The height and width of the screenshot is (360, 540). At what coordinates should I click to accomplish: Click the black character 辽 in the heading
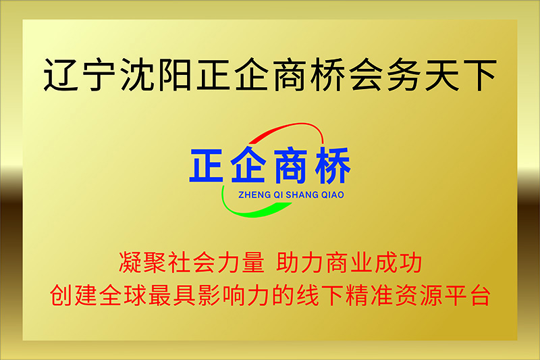(61, 74)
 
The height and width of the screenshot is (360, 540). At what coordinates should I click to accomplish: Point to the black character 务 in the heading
(404, 74)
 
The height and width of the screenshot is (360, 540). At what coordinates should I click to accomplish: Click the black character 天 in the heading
(442, 74)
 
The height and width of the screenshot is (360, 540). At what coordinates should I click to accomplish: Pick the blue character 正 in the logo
(207, 165)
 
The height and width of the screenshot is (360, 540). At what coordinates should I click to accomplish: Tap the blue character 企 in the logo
(248, 165)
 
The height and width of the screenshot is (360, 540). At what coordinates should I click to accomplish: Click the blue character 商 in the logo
(290, 165)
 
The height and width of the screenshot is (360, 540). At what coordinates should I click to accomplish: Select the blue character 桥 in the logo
(333, 165)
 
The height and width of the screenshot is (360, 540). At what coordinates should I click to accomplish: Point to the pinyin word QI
(278, 195)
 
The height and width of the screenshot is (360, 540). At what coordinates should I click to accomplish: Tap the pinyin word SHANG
(302, 195)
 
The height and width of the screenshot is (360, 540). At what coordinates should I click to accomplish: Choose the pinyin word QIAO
(333, 195)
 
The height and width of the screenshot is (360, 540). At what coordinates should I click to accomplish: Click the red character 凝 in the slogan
(130, 263)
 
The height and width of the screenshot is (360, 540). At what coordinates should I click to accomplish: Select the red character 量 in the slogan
(253, 263)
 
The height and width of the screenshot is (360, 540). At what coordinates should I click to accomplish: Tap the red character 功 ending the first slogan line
(410, 263)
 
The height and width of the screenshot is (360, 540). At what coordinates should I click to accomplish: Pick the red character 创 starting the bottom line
(61, 295)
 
